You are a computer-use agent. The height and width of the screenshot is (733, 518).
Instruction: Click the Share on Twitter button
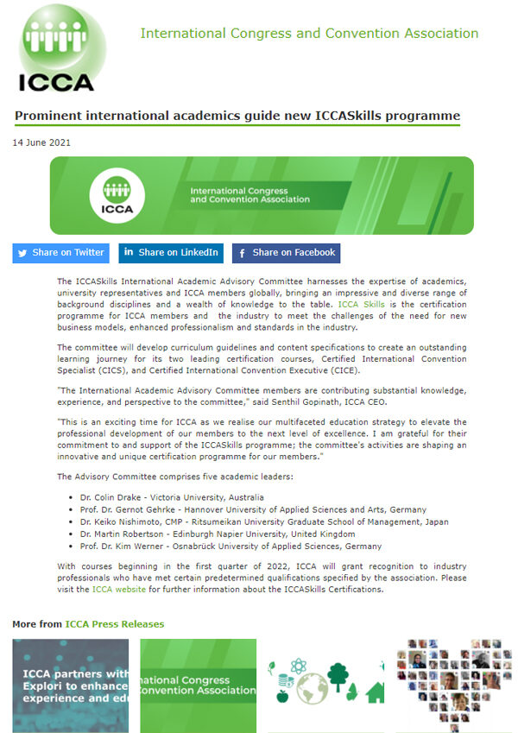pyautogui.click(x=60, y=253)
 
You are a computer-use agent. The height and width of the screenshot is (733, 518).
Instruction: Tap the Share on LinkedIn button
pyautogui.click(x=171, y=253)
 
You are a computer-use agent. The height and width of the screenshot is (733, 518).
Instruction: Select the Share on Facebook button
pyautogui.click(x=286, y=253)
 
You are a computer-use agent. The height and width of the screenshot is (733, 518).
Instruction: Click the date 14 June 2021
pyautogui.click(x=41, y=142)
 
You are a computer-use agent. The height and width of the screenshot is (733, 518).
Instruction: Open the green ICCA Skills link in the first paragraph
pyautogui.click(x=361, y=305)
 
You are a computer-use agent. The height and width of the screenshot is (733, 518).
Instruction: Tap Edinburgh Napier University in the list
pyautogui.click(x=228, y=534)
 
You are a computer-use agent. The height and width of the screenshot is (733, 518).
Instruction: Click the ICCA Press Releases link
pyautogui.click(x=114, y=623)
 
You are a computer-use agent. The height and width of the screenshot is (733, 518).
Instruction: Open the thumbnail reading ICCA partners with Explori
pyautogui.click(x=70, y=686)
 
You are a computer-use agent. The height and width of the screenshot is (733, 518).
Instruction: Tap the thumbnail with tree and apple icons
pyautogui.click(x=325, y=686)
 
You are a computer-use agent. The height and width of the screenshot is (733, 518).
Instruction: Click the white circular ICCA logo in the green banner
pyautogui.click(x=117, y=195)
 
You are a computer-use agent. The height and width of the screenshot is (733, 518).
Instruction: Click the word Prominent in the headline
pyautogui.click(x=51, y=116)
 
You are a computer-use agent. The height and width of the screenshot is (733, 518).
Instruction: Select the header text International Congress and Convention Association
pyautogui.click(x=309, y=34)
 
